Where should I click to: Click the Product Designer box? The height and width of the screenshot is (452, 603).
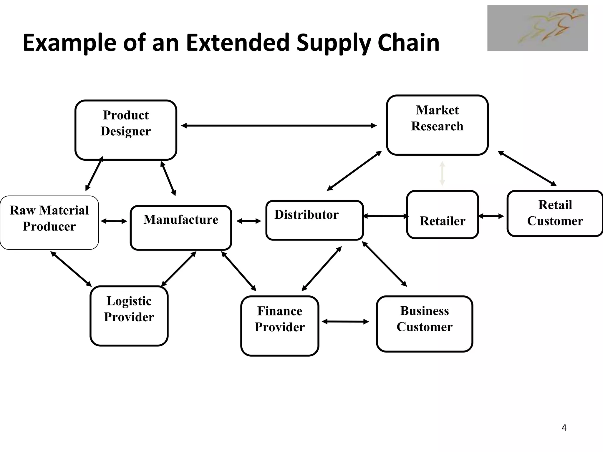pos(126,130)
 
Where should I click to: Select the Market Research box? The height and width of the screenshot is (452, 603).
pos(437,125)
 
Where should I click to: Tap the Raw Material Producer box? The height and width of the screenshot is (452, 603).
pos(49,223)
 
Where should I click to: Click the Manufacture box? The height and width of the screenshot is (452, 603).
pos(181,228)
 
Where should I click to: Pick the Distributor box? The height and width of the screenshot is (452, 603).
pos(314,220)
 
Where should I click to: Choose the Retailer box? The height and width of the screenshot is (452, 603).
pos(442,215)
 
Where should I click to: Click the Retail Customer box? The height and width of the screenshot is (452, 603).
pos(555,213)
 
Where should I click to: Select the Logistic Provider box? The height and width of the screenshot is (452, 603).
pos(129,316)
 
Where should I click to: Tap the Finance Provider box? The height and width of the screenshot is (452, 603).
pos(280,326)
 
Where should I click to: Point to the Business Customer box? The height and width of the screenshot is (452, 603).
pos(424,324)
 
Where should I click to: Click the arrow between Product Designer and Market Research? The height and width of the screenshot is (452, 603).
pos(279,126)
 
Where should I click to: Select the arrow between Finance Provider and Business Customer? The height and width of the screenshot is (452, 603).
pos(345,322)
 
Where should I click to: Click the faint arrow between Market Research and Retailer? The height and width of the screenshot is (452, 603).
pos(442,173)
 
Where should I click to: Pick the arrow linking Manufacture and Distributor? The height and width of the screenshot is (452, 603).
pos(249,221)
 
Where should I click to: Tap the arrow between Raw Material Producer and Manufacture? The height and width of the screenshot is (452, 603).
pos(114,221)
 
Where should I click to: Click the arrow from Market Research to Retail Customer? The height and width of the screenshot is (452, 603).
pos(527,168)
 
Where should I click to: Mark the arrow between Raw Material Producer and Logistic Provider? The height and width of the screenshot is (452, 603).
pos(71,269)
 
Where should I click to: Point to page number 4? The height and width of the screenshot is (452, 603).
pos(564,428)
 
